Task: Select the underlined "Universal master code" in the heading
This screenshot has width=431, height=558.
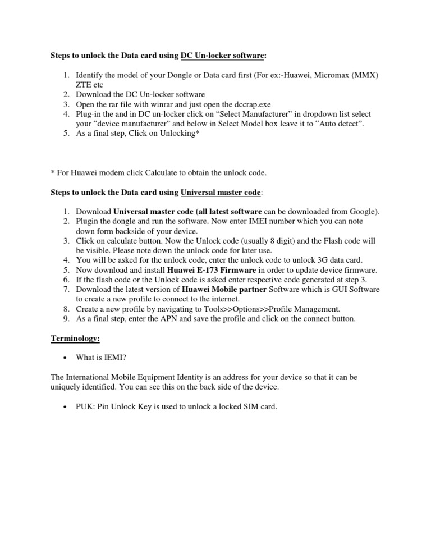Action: (x=221, y=193)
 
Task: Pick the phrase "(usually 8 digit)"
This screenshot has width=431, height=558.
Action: (x=262, y=240)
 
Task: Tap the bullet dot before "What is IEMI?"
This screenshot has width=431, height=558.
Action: (x=66, y=358)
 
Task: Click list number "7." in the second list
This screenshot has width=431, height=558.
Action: (x=66, y=289)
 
